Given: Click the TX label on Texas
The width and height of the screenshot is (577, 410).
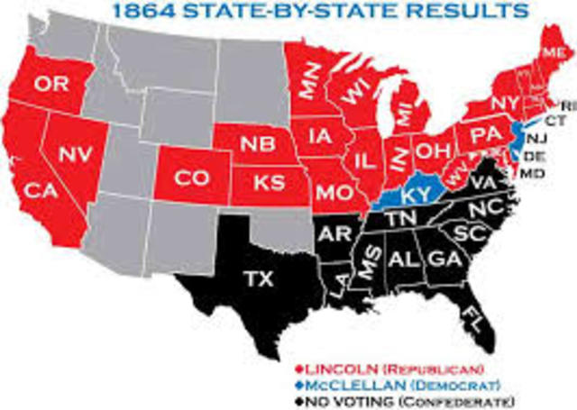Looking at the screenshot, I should [x=254, y=279].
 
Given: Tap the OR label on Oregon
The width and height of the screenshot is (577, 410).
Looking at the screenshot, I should [x=52, y=85].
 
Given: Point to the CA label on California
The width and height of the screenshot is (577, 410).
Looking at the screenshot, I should [x=39, y=190].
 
